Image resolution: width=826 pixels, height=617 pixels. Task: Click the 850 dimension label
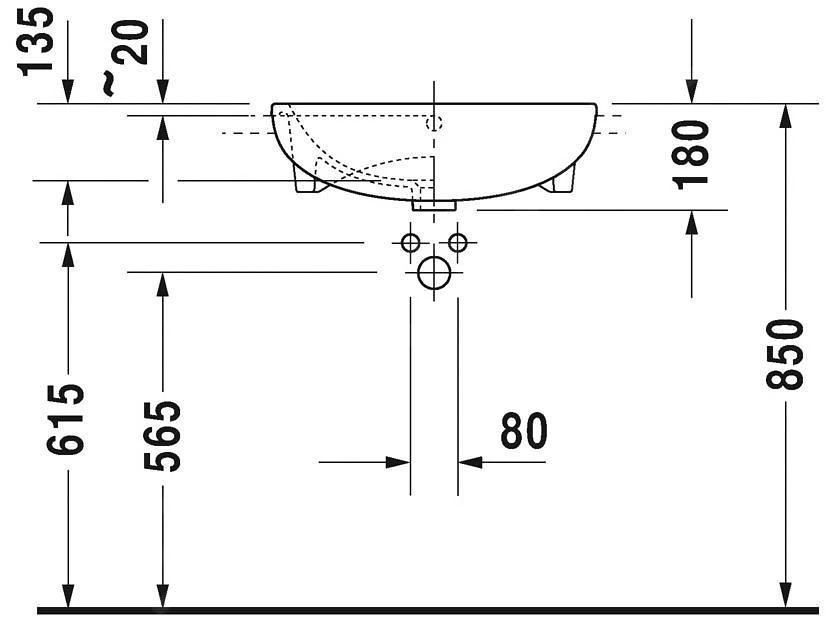click(785, 354)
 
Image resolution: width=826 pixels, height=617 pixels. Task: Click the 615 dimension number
click(65, 419)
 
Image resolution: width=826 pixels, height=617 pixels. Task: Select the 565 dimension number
click(162, 436)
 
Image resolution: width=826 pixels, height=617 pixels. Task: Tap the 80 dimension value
click(524, 430)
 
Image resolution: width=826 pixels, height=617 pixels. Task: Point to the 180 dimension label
click(691, 154)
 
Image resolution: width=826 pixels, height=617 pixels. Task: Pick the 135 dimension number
click(36, 42)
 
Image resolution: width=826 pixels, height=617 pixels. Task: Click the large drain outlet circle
click(434, 272)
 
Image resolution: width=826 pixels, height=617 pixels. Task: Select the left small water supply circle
click(410, 243)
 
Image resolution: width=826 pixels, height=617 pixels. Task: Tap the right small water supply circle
click(457, 243)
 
